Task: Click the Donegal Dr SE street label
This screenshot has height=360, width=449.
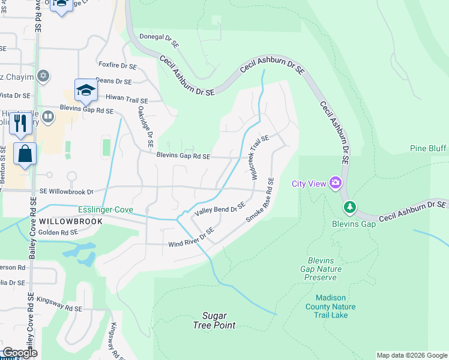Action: (159, 40)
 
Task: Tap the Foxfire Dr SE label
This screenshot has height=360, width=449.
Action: (117, 64)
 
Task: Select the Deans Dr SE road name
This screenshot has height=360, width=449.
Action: (113, 81)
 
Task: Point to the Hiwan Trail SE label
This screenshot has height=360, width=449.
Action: (126, 97)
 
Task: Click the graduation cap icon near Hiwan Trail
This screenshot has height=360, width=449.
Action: (86, 91)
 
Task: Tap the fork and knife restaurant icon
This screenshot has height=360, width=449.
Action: (21, 124)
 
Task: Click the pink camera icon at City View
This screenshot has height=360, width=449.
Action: (335, 182)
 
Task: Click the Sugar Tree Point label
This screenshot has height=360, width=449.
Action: (214, 320)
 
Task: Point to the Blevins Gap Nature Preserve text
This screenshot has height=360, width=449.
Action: (324, 269)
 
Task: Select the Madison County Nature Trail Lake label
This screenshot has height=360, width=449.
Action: (336, 307)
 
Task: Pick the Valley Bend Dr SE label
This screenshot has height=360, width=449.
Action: (220, 208)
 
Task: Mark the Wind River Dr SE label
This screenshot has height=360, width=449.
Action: (191, 238)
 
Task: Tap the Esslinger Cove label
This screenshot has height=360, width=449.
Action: (106, 210)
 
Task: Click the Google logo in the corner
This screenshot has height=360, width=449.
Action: (19, 353)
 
